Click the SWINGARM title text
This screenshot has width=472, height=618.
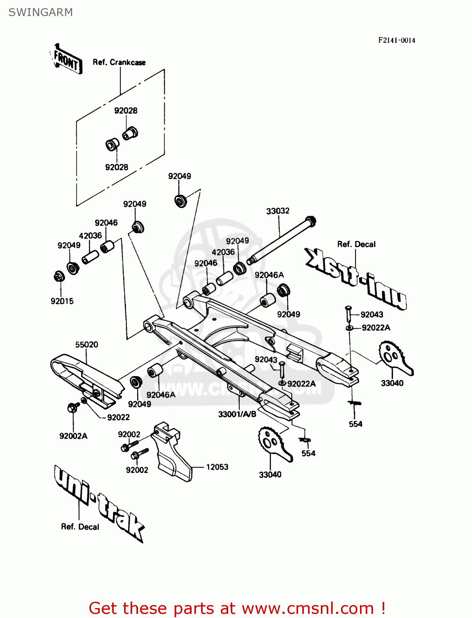tap(40, 12)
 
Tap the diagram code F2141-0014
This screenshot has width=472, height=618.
tap(397, 40)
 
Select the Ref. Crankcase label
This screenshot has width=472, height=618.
tap(119, 62)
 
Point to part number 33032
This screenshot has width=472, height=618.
tap(278, 211)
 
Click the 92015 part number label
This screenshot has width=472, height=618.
tap(62, 301)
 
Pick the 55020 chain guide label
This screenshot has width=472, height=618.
tap(86, 344)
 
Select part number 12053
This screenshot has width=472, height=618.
tap(217, 467)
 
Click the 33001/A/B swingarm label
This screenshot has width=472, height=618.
tap(237, 414)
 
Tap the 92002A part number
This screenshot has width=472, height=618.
tap(73, 436)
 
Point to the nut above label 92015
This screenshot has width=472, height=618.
tap(58, 276)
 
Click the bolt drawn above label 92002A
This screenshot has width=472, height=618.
tap(73, 407)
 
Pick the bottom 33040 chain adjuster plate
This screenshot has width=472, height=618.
tap(273, 443)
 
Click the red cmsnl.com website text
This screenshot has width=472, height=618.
tap(237, 608)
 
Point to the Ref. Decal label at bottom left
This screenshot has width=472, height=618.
tap(80, 527)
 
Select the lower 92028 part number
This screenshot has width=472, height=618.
tap(117, 167)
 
